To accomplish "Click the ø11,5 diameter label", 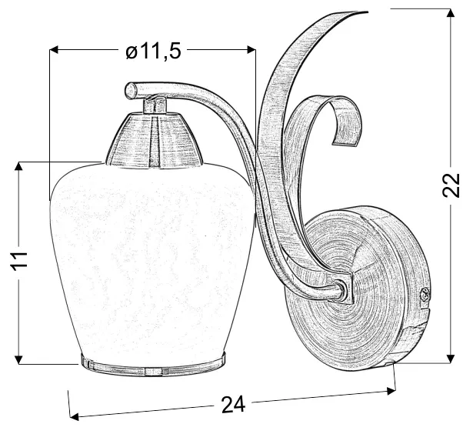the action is [x=153, y=51].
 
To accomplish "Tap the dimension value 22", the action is [x=451, y=185].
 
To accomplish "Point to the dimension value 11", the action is [x=19, y=260].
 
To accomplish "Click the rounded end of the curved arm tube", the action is [x=131, y=89].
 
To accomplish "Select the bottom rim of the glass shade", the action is [x=153, y=365].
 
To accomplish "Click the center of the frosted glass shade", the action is [x=152, y=259].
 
